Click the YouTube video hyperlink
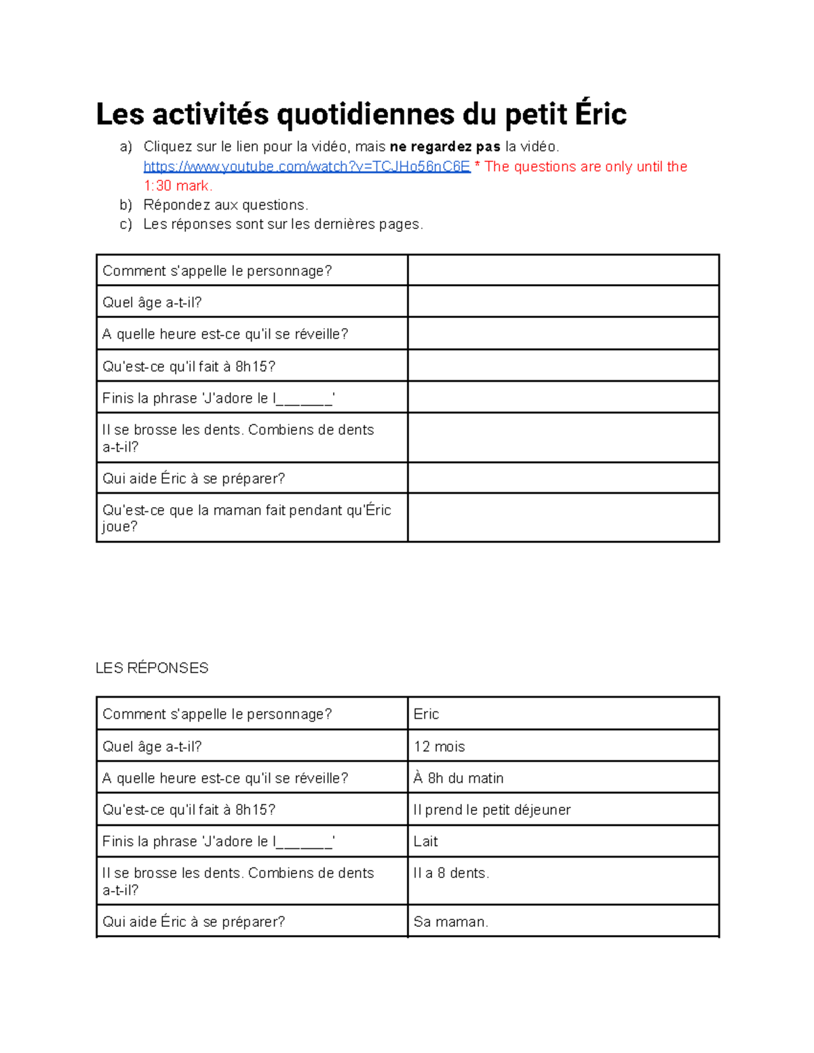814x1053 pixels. (x=307, y=167)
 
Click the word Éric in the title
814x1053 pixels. (x=600, y=114)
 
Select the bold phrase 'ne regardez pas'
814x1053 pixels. (x=445, y=147)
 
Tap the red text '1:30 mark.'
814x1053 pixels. (x=178, y=186)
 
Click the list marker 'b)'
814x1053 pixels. (x=125, y=205)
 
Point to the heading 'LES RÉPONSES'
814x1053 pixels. (x=152, y=669)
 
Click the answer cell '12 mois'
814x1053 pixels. (x=439, y=747)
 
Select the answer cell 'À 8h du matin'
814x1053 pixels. (x=459, y=778)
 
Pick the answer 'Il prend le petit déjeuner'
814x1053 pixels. (x=492, y=810)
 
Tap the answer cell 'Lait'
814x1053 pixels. (x=426, y=841)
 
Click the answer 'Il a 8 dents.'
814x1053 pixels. (x=451, y=873)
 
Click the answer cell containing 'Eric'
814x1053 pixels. (x=426, y=715)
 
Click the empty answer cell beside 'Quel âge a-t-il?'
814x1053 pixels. (x=563, y=302)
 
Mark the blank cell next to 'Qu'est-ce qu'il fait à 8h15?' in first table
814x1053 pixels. (x=563, y=366)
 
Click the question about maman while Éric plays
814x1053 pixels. (x=246, y=518)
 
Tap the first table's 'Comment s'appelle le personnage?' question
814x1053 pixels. (x=217, y=271)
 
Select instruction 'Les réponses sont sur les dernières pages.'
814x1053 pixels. (x=283, y=224)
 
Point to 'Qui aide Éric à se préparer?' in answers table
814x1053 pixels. (x=193, y=922)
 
